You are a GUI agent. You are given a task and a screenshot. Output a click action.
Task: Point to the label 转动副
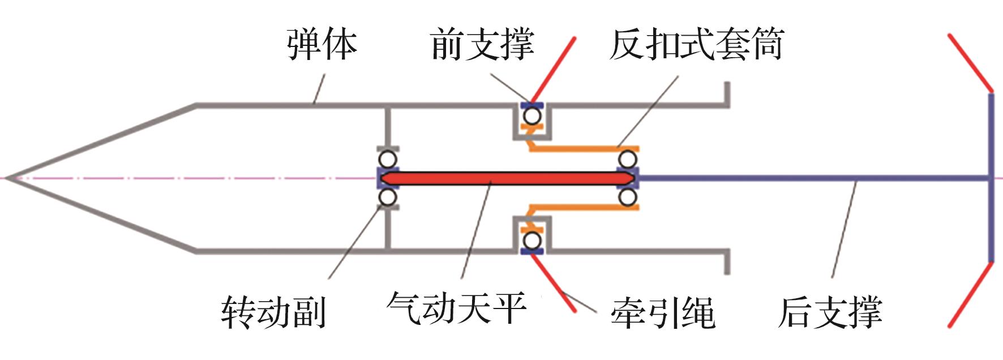[273, 312]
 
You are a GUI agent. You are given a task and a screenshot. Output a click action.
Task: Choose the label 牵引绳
[663, 312]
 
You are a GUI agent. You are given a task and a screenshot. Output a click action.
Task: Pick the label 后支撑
[830, 312]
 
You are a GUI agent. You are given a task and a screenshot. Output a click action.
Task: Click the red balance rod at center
[504, 178]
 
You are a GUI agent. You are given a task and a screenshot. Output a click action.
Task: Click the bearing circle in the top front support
[532, 117]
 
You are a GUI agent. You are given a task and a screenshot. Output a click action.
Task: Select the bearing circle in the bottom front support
[532, 241]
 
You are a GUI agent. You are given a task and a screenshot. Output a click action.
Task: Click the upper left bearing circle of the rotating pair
[388, 158]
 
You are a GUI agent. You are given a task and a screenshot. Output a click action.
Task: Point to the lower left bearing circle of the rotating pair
[388, 198]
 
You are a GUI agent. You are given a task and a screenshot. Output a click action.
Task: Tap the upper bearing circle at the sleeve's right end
[627, 158]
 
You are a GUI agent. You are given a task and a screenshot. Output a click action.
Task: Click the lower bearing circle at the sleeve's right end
[627, 198]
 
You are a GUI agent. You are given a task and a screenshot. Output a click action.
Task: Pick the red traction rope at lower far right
[970, 294]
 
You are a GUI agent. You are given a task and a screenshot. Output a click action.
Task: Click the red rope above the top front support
[554, 70]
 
